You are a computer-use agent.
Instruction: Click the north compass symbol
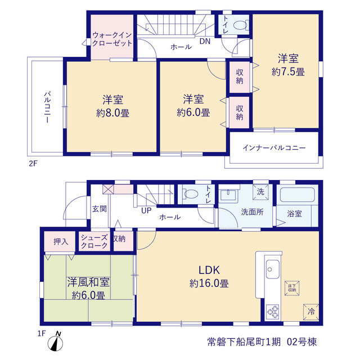click(x=55, y=342)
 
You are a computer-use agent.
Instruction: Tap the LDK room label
click(x=209, y=270)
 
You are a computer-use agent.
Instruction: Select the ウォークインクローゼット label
click(x=112, y=39)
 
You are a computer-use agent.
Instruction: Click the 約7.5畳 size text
click(x=288, y=72)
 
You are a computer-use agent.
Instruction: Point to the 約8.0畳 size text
click(x=112, y=113)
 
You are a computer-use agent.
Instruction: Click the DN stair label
click(x=205, y=41)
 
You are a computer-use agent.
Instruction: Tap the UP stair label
click(x=146, y=210)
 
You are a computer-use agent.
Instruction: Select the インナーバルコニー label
click(x=274, y=147)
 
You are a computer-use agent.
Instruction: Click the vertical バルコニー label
click(x=47, y=107)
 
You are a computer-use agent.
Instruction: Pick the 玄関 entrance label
click(x=100, y=209)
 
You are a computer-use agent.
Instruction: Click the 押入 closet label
click(x=61, y=241)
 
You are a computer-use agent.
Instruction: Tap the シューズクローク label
click(x=94, y=241)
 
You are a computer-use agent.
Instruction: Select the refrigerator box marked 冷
click(x=311, y=312)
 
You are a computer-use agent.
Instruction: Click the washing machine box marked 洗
click(x=260, y=192)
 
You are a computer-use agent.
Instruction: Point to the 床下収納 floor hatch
click(x=292, y=288)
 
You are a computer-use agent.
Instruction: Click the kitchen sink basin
click(x=272, y=269)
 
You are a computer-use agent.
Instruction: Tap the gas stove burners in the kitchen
click(x=272, y=312)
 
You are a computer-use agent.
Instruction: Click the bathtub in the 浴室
click(x=298, y=195)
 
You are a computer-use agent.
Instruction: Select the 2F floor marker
click(x=33, y=164)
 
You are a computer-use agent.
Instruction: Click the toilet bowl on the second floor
click(x=240, y=25)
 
